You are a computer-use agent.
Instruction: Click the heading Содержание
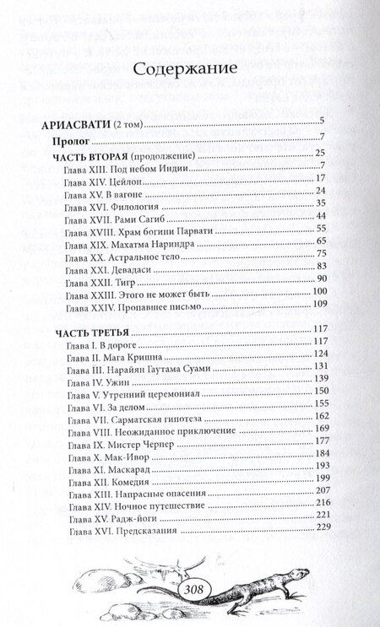[189, 67]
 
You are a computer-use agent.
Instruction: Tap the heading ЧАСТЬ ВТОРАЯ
[91, 153]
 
